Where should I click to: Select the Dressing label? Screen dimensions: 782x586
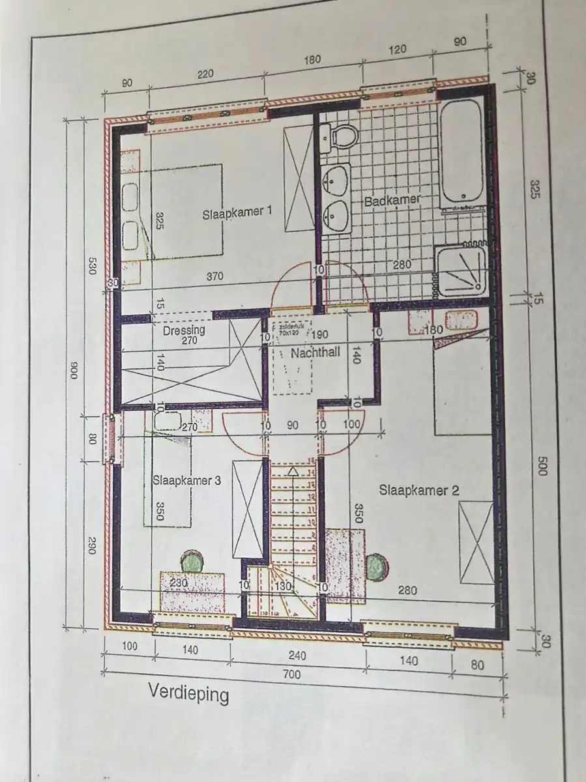(184, 330)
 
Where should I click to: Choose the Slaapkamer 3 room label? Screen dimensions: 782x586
(186, 481)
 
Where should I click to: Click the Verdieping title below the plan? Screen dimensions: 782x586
(188, 693)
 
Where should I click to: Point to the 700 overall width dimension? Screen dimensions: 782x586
(293, 675)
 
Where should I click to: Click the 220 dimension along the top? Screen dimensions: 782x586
(205, 74)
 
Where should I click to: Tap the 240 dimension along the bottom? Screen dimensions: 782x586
(297, 655)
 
